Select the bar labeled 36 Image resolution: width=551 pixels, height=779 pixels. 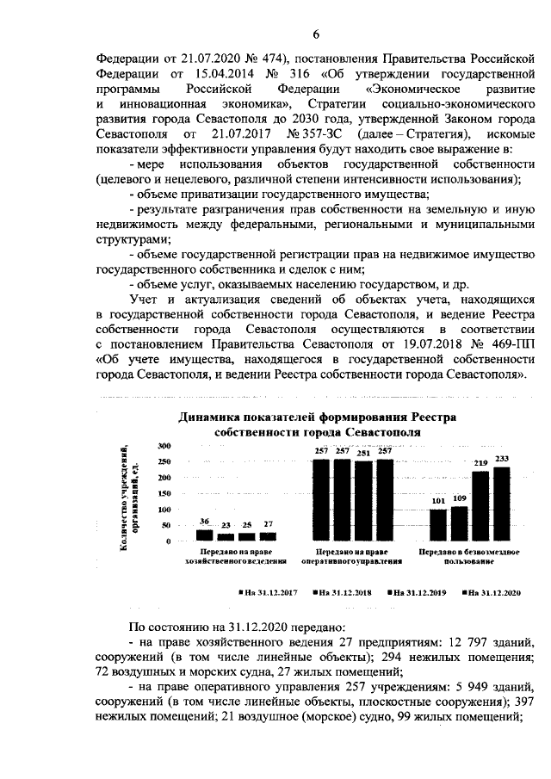[204, 535]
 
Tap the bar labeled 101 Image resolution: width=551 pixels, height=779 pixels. [438, 523]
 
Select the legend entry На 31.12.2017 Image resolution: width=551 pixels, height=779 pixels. [267, 592]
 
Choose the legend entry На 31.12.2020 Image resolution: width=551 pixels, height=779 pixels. [492, 592]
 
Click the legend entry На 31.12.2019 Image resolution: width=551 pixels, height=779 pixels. [418, 592]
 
